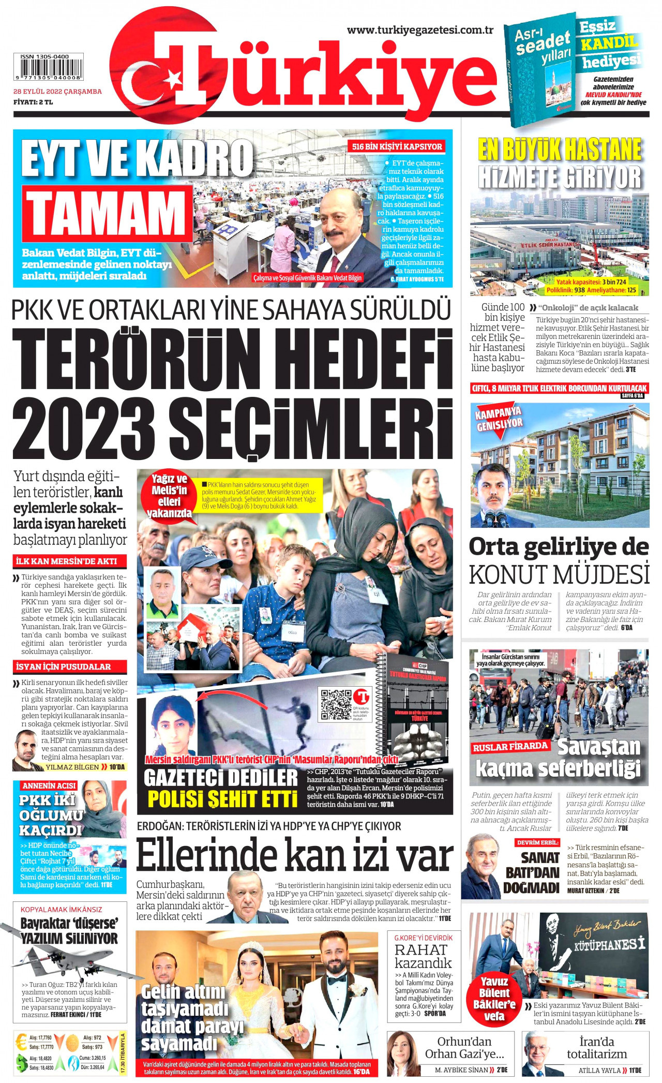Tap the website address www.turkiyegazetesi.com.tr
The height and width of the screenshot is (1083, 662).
tap(420, 30)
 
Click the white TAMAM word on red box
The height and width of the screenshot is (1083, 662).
tap(107, 213)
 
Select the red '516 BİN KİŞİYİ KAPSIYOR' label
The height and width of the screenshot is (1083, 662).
tap(397, 146)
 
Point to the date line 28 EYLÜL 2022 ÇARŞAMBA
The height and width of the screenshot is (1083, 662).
tap(57, 92)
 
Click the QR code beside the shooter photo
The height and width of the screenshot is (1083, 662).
tap(335, 704)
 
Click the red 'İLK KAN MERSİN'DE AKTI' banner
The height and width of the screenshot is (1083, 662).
tap(66, 561)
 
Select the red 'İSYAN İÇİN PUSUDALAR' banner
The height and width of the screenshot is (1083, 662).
tap(64, 666)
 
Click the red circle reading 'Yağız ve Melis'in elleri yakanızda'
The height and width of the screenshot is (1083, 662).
tap(169, 496)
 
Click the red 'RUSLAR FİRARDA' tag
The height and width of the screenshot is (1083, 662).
tap(510, 747)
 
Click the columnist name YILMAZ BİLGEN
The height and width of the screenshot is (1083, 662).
tap(72, 767)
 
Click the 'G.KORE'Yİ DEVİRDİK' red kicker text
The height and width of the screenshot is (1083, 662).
tap(423, 938)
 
